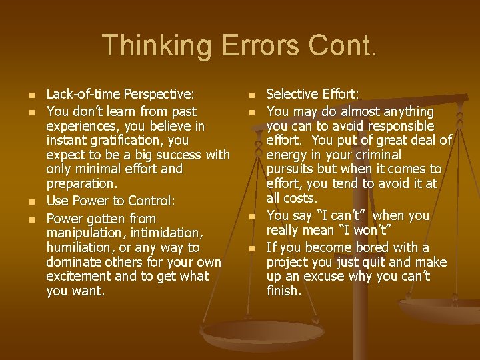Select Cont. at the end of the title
point(347,45)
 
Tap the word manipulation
point(84,233)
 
